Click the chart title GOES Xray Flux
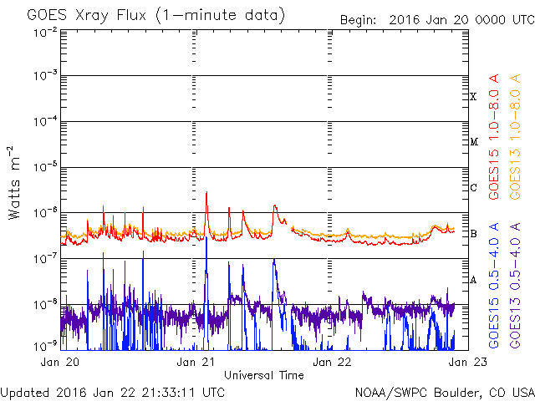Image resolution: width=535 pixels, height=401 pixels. click(87, 16)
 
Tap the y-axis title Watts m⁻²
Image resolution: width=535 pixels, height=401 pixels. click(14, 183)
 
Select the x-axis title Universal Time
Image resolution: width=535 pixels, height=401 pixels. click(264, 375)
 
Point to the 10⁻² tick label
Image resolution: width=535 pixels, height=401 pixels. click(46, 33)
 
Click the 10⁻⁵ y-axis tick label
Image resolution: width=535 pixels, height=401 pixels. click(46, 167)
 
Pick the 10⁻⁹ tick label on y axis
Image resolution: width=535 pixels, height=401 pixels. click(46, 347)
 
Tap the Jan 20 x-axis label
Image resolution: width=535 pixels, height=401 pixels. click(60, 362)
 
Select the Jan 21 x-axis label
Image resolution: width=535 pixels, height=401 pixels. click(196, 362)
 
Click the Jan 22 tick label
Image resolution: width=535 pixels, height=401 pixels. click(332, 362)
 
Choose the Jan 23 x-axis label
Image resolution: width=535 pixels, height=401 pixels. click(468, 362)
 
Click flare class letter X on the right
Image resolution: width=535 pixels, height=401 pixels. click(473, 97)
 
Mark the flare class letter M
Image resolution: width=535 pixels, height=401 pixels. click(474, 141)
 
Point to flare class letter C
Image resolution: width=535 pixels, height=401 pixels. click(473, 187)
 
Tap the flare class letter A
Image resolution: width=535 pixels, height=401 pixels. click(473, 280)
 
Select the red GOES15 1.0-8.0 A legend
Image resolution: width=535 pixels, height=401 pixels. click(494, 137)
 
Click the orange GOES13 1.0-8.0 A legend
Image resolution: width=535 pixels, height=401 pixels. click(515, 137)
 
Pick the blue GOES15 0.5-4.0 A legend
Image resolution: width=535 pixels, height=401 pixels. click(494, 286)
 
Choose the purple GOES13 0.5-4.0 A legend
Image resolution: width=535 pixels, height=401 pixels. click(515, 286)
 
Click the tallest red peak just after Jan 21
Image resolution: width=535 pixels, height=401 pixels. click(206, 192)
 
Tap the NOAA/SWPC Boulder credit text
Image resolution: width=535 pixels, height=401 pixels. click(445, 393)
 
